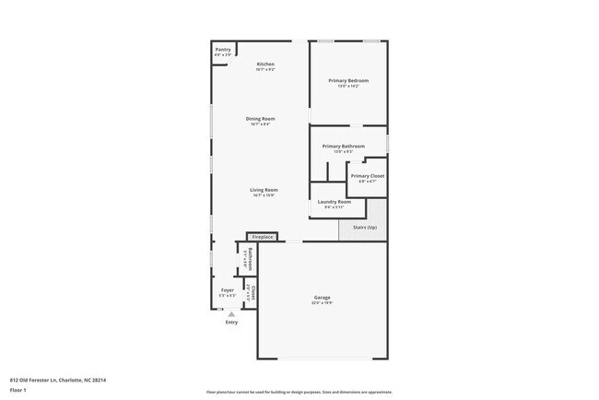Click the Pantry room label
point(222,50)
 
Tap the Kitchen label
point(265,64)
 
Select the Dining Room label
point(260,118)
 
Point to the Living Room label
point(264,190)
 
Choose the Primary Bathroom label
point(343,146)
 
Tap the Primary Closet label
point(367,175)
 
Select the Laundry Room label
point(334,201)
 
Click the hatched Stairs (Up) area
point(361,227)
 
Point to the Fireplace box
point(264,237)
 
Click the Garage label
point(322,297)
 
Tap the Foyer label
point(227,289)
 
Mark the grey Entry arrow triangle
point(231,313)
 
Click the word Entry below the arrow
point(231,323)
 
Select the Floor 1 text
point(18,390)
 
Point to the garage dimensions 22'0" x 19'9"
point(322,302)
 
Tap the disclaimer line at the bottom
point(299,392)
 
